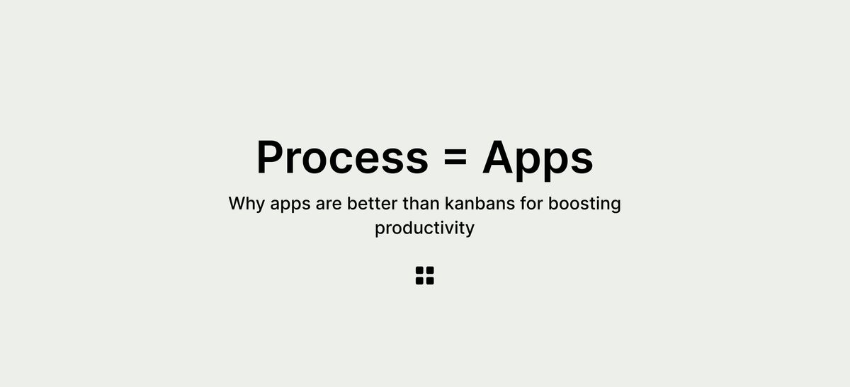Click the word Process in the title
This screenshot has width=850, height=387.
(x=341, y=158)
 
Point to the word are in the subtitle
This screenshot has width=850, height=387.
(x=331, y=204)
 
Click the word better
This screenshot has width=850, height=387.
(x=373, y=204)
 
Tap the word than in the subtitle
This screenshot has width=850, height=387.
(x=421, y=204)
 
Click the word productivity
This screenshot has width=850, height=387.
(x=424, y=229)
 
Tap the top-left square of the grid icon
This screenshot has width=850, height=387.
(x=420, y=271)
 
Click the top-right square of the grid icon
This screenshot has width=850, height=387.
(x=430, y=271)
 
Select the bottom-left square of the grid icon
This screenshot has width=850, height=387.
(x=420, y=281)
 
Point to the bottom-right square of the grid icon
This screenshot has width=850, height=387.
(x=430, y=281)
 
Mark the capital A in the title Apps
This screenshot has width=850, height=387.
(x=499, y=158)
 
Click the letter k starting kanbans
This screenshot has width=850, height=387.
(x=449, y=204)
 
